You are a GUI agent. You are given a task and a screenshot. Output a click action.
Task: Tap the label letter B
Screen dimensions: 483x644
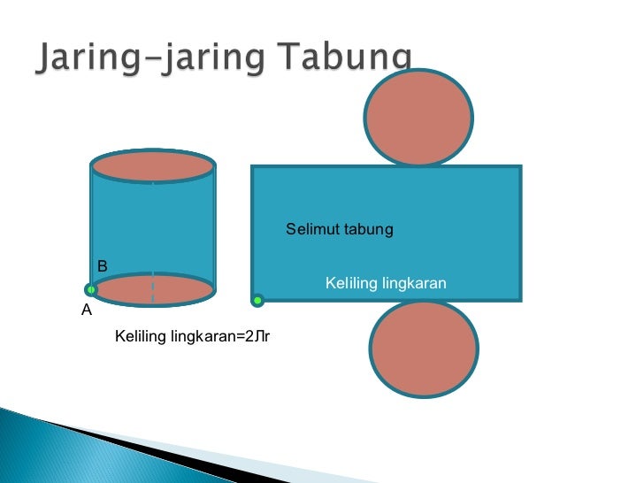(x=103, y=265)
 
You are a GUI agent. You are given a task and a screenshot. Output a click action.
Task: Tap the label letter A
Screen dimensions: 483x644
(x=87, y=310)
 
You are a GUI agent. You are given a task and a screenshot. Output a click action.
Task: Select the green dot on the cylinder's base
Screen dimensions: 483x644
(x=91, y=289)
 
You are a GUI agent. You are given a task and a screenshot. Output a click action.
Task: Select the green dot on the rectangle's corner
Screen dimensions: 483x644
(x=257, y=301)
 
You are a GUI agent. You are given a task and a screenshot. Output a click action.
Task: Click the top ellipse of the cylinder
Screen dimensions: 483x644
(x=153, y=166)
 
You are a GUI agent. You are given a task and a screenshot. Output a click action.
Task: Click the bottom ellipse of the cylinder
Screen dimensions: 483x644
(x=153, y=289)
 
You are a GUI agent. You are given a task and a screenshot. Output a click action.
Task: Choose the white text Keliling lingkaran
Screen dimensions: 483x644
(x=386, y=283)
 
